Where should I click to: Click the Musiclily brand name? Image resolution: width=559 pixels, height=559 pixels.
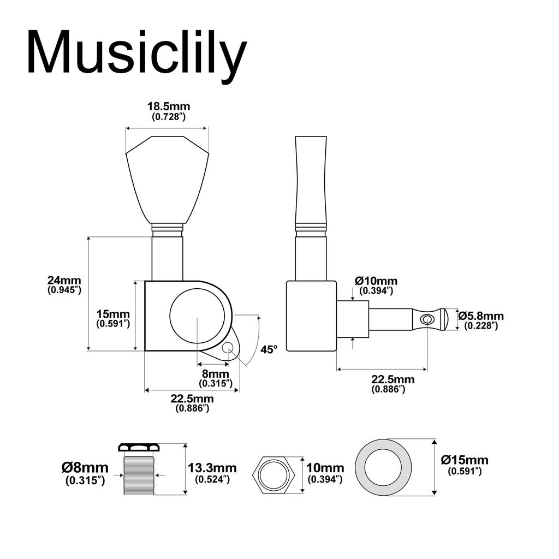tap(136, 52)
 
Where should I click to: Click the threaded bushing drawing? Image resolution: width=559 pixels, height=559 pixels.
tap(139, 470)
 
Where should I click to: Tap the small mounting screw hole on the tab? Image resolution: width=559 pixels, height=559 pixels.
tap(228, 348)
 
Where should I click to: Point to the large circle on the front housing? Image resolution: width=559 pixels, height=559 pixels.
tap(197, 316)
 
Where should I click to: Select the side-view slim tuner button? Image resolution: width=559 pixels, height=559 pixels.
tap(311, 180)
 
